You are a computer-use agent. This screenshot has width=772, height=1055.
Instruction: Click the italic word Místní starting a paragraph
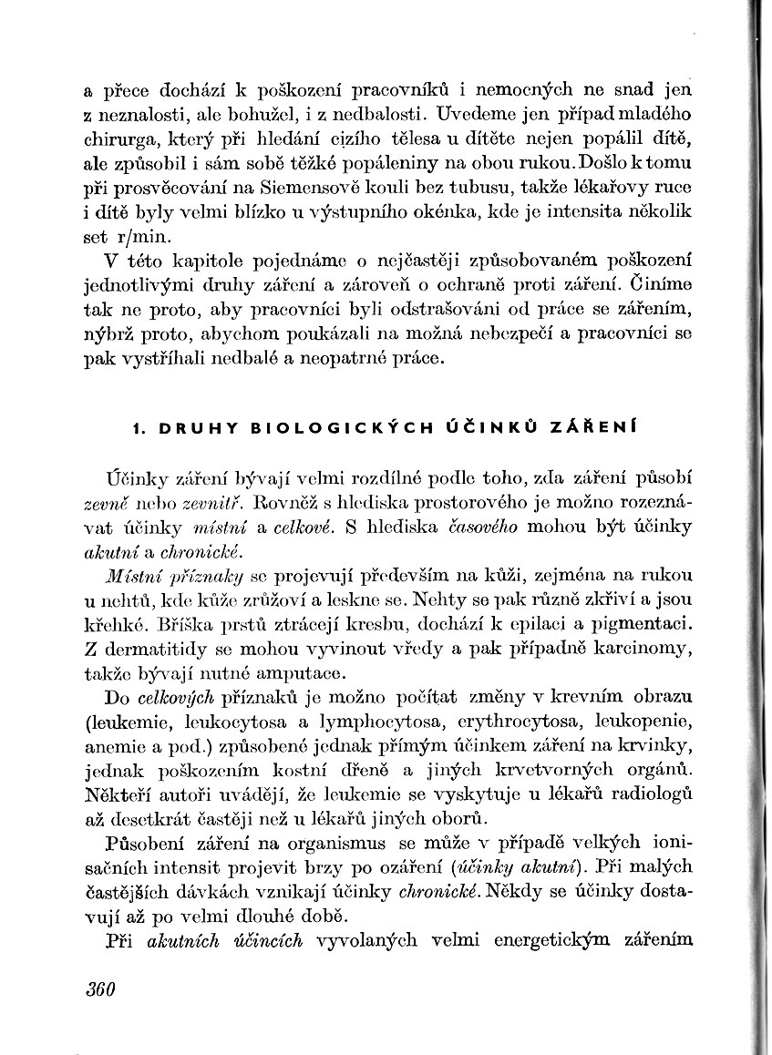point(133,576)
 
